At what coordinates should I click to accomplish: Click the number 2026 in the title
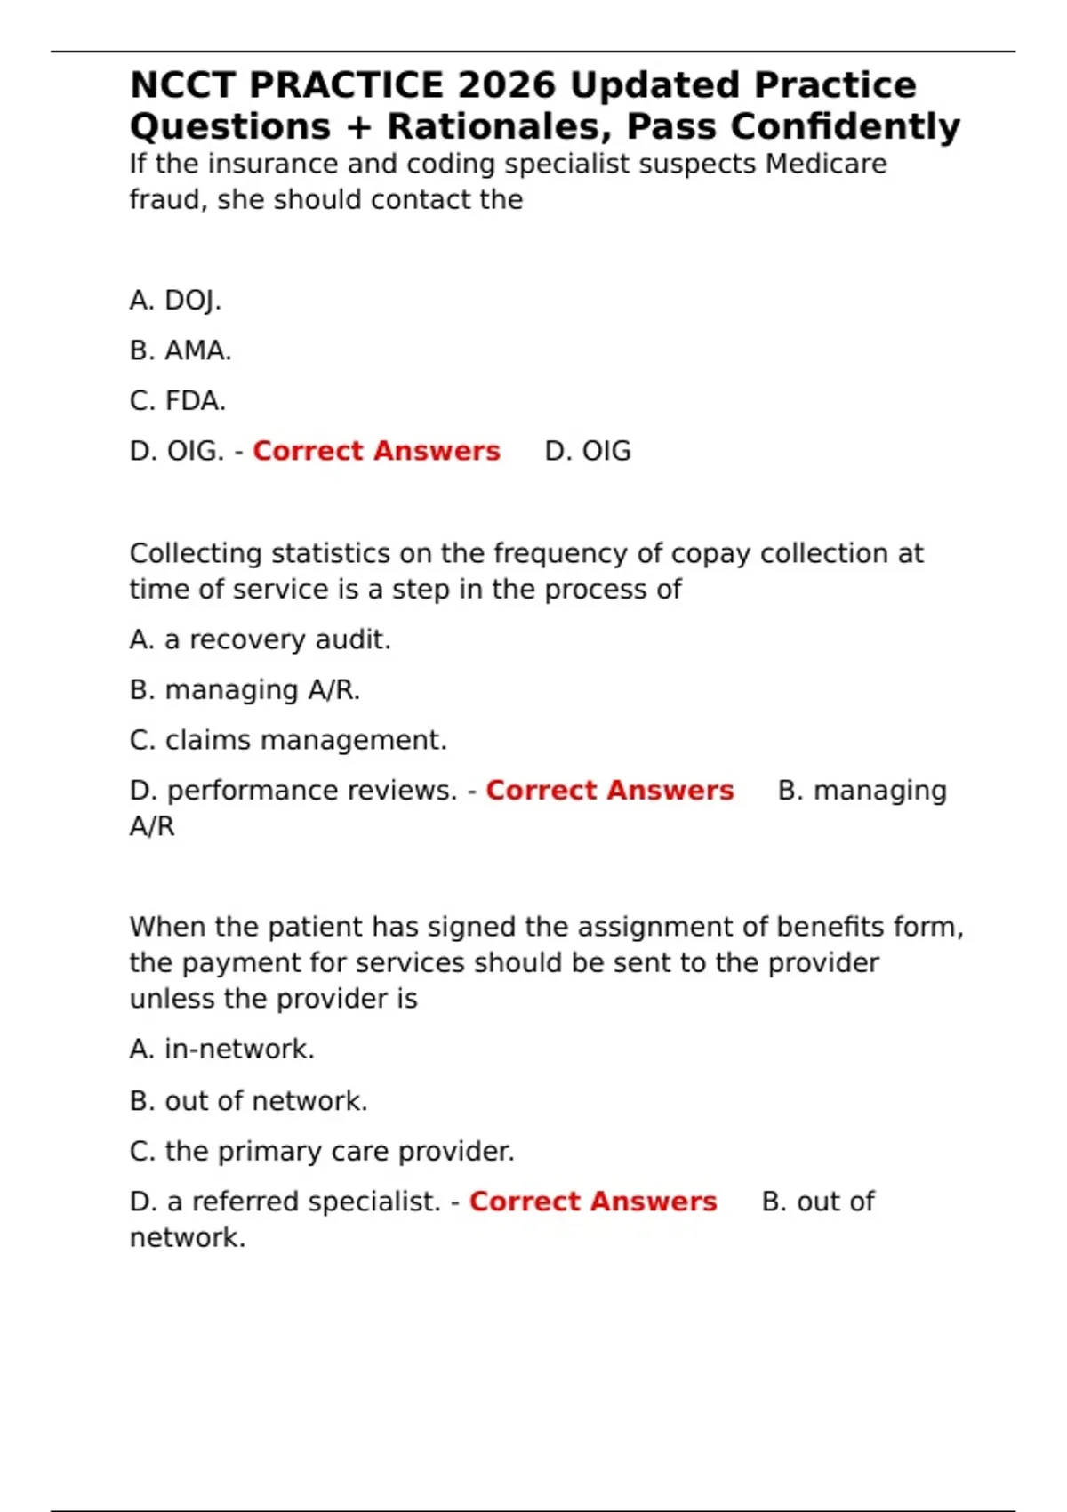click(507, 85)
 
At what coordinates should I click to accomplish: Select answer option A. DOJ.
click(175, 301)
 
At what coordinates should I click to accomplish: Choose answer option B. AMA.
click(181, 350)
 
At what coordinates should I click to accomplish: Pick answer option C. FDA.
click(178, 401)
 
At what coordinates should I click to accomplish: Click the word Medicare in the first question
click(826, 164)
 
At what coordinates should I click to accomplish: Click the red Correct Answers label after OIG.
click(376, 451)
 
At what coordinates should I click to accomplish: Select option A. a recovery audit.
click(260, 639)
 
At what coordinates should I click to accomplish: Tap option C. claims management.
click(288, 740)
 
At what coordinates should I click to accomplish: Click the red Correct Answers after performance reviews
click(609, 791)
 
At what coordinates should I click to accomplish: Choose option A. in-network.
click(222, 1050)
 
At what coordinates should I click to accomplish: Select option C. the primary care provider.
click(322, 1151)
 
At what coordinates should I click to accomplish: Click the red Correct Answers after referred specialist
click(593, 1202)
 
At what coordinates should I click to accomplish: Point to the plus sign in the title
click(358, 127)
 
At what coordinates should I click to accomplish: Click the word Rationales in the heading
click(501, 126)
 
